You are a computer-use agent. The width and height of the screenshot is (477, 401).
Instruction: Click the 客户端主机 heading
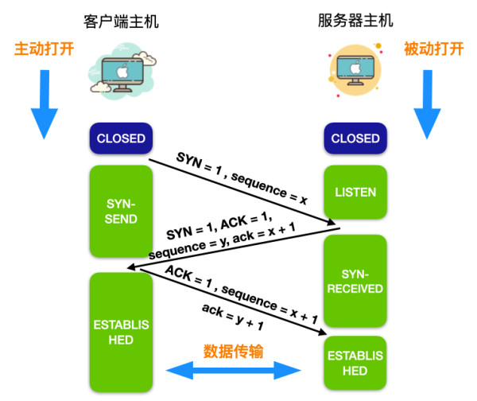[x=121, y=21]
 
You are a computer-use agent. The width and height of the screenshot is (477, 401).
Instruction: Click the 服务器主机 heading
[x=355, y=21]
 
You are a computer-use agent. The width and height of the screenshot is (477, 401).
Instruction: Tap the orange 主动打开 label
[x=44, y=49]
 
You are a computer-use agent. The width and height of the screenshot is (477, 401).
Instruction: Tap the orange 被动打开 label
[x=433, y=49]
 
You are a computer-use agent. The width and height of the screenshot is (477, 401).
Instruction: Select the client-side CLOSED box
[x=121, y=138]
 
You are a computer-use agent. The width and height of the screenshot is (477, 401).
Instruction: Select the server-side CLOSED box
[x=355, y=138]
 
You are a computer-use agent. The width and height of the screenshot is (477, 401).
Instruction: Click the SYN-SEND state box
[x=121, y=211]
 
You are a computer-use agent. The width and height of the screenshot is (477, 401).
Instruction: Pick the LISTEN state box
[x=355, y=192]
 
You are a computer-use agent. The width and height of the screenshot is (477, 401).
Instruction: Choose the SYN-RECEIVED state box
[x=355, y=281]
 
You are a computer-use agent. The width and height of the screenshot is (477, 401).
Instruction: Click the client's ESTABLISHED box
[x=121, y=332]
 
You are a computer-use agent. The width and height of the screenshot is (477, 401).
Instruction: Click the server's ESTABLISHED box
[x=355, y=363]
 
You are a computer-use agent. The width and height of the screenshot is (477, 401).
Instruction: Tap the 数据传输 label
[x=233, y=351]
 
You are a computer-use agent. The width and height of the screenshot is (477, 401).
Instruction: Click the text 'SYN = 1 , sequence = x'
[x=242, y=176]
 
